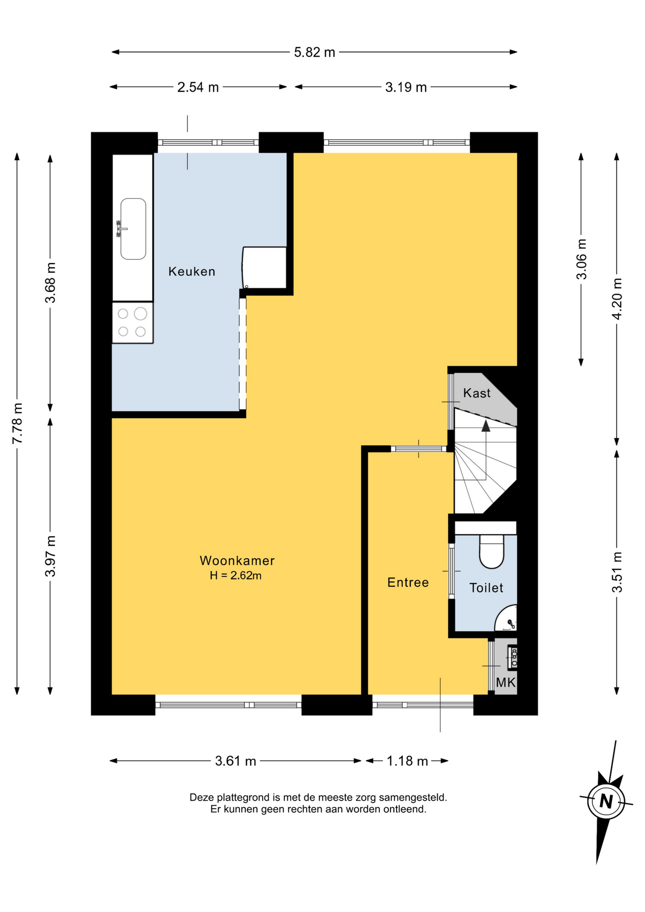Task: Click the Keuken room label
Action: click(x=191, y=271)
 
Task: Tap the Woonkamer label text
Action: click(x=237, y=560)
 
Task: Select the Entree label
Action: click(x=408, y=582)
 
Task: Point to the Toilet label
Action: click(x=486, y=588)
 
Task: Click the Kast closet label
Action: click(x=476, y=393)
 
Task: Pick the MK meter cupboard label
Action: click(x=505, y=683)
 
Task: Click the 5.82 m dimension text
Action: click(x=314, y=52)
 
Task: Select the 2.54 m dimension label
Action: click(x=198, y=87)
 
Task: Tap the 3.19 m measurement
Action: click(x=406, y=87)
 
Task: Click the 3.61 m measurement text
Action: click(x=236, y=761)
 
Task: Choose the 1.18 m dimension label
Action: click(x=407, y=761)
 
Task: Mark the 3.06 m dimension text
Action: click(x=581, y=259)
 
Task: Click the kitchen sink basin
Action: click(x=133, y=229)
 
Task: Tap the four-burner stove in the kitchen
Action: click(x=133, y=323)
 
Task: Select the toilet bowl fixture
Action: click(x=492, y=551)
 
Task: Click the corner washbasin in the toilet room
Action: click(x=507, y=619)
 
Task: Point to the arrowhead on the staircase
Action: click(x=485, y=426)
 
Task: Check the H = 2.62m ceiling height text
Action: click(x=236, y=576)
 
